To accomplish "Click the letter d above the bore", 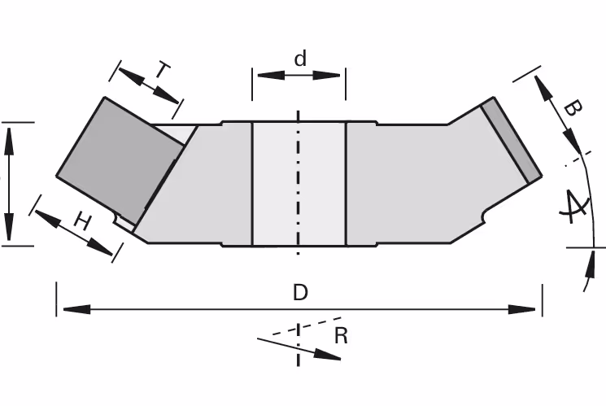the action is [x=300, y=59].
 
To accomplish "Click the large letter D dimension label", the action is [x=300, y=292].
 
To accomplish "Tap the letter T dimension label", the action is [x=163, y=71].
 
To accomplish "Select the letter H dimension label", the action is [x=83, y=221].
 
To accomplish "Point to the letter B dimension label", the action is [x=573, y=108].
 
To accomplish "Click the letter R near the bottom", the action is [x=341, y=336].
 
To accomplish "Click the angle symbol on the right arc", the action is [x=574, y=207].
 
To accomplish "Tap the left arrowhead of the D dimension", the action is [x=76, y=309].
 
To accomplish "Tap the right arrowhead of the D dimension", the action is [x=521, y=309].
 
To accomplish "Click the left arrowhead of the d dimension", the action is [x=271, y=75].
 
